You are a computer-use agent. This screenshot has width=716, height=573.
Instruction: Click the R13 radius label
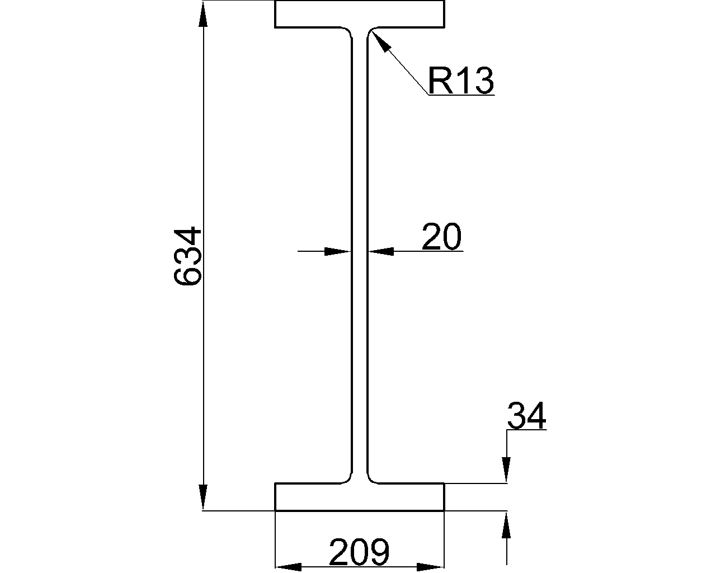(x=460, y=81)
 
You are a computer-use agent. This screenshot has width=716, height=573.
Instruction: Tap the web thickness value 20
(x=441, y=237)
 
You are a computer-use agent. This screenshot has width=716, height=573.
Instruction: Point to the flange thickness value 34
(x=526, y=416)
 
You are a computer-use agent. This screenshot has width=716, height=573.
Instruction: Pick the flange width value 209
(x=359, y=552)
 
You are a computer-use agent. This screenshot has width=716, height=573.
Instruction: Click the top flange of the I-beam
(x=360, y=14)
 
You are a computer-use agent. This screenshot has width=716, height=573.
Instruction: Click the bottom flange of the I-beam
(x=360, y=497)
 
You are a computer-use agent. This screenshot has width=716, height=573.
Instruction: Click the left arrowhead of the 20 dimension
(x=338, y=252)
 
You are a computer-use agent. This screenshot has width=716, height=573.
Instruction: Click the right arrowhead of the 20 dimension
(x=380, y=252)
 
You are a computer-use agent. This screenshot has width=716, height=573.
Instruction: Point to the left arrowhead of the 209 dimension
(x=288, y=567)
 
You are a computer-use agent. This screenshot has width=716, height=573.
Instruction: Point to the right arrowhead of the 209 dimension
(x=431, y=567)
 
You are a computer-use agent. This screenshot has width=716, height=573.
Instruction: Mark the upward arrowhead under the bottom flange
(x=506, y=525)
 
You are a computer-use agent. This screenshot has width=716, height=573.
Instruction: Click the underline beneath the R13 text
(x=461, y=95)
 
